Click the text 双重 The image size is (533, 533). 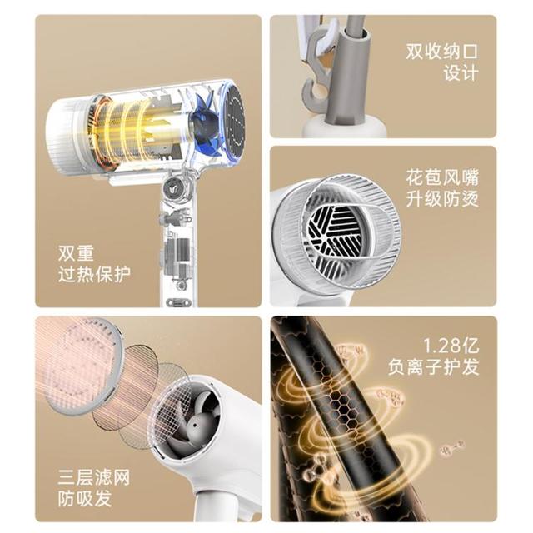point(76,253)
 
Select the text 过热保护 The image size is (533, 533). point(94,275)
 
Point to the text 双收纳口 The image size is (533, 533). point(442,52)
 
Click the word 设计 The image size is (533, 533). point(461,73)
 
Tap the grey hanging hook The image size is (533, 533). point(316,68)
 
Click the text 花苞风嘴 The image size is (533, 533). point(442,177)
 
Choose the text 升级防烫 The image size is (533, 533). point(442,199)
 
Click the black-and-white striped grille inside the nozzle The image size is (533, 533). point(335,232)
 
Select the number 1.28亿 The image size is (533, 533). point(451,346)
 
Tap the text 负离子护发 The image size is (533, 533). point(433,367)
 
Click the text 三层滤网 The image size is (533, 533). point(94,477)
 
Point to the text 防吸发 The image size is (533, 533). point(85,498)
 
